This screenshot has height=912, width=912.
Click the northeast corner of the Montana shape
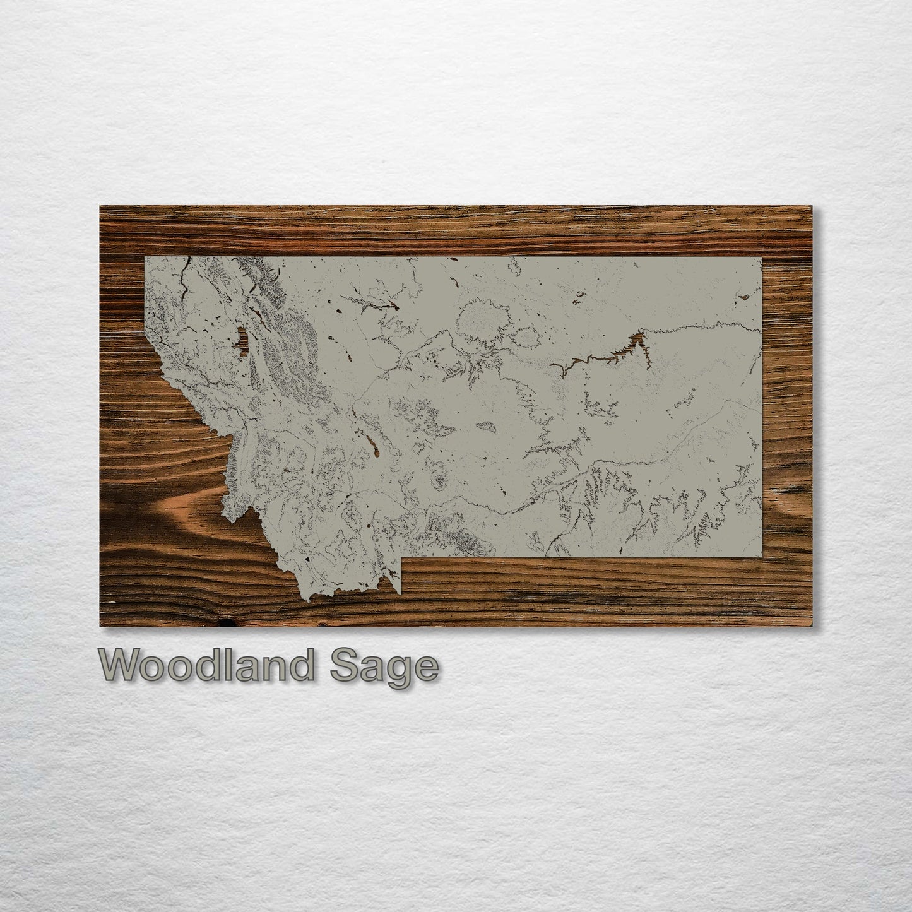761,258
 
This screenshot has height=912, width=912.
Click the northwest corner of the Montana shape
145,258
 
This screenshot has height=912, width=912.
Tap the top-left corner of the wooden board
101,206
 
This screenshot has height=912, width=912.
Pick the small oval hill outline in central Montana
487,427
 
